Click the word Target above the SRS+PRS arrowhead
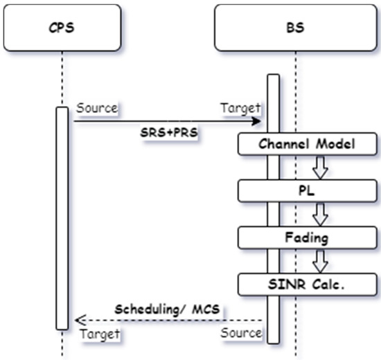(240, 109)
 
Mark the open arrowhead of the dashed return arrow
(80, 320)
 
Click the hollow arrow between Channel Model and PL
(319, 167)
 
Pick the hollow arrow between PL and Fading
(319, 213)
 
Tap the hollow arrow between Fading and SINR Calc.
(319, 260)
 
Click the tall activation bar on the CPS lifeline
(62, 218)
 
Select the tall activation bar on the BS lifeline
(273, 208)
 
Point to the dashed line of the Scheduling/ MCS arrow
(173, 320)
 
